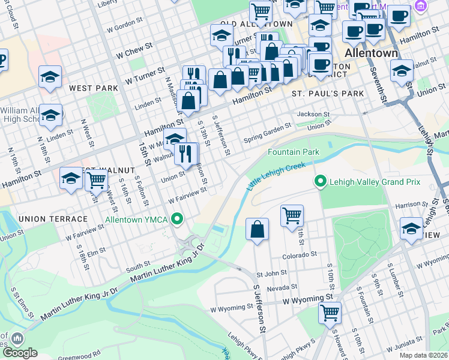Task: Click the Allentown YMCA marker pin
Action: (176, 220)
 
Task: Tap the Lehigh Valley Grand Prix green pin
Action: (321, 181)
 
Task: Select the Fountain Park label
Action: (294, 152)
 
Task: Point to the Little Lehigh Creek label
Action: (272, 178)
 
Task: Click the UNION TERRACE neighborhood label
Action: (45, 219)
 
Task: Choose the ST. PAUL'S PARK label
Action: (328, 94)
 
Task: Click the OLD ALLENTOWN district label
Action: (256, 24)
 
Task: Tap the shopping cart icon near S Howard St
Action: (330, 312)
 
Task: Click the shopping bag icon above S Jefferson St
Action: (257, 229)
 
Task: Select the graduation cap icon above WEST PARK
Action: (50, 77)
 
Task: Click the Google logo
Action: (20, 353)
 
